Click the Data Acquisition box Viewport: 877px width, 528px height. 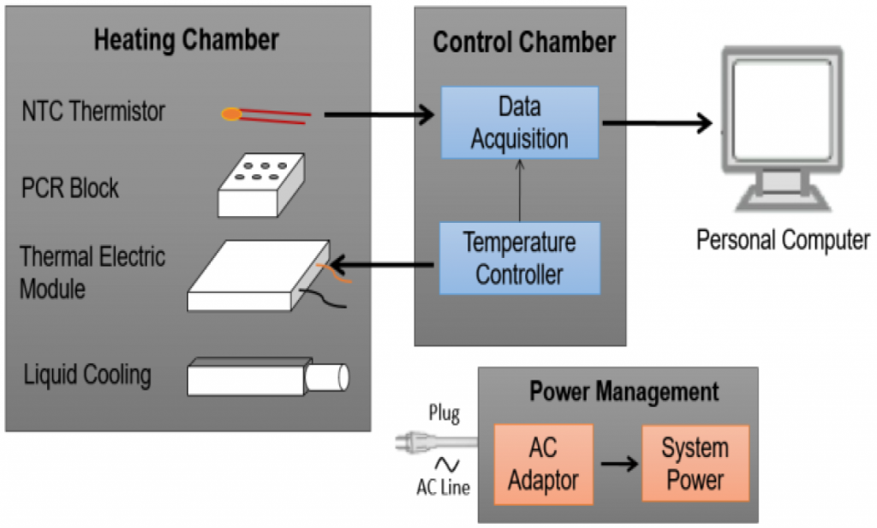[x=520, y=121]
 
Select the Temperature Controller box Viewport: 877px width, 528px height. [x=520, y=258]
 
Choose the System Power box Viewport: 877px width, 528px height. [x=695, y=464]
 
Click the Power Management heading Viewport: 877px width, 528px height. [x=624, y=393]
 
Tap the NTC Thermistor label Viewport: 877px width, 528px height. [x=93, y=111]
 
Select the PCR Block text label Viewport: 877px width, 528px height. [x=70, y=188]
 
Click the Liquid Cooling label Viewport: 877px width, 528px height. [x=87, y=375]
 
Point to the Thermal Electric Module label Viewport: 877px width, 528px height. [x=92, y=273]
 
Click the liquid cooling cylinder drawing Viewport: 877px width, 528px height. [x=268, y=376]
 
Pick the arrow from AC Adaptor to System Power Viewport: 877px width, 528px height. [x=618, y=464]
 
